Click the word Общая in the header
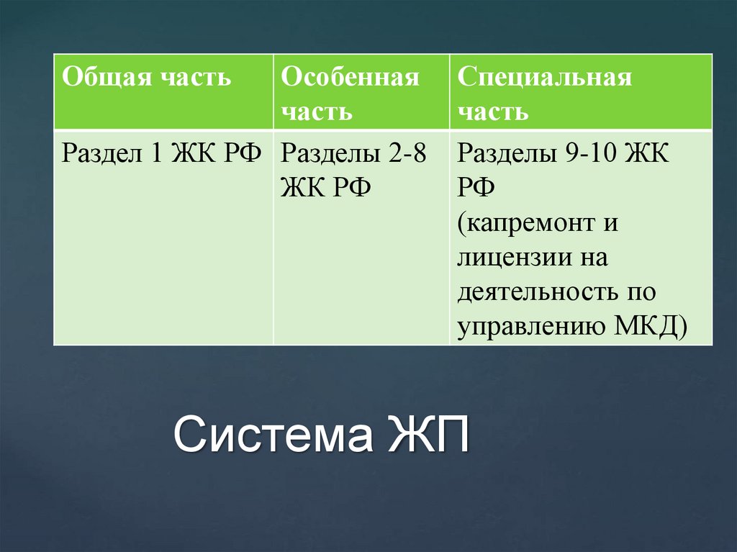coord(101,78)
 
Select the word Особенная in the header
coord(350,78)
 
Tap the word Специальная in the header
coord(544,78)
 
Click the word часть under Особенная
coord(317,112)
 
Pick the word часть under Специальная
coord(493,112)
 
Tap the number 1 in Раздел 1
coord(156,153)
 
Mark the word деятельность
coord(533,292)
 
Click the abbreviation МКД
coord(647,327)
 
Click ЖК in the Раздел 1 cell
coord(192,153)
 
